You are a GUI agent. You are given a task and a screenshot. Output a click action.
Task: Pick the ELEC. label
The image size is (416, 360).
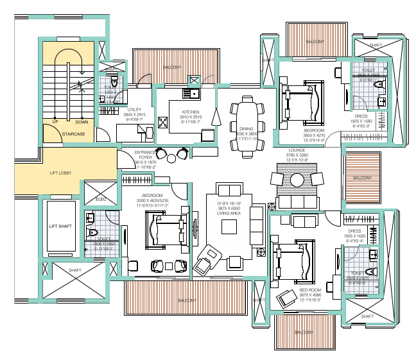click(100, 200)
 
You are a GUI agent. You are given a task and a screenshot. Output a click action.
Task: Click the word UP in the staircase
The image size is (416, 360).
click(56, 122)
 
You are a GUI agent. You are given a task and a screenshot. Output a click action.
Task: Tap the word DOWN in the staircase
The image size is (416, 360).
click(82, 122)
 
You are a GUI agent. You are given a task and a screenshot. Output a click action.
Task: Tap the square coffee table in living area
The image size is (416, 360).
click(230, 228)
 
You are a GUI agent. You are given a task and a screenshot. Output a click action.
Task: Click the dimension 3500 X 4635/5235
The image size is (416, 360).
click(152, 201)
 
